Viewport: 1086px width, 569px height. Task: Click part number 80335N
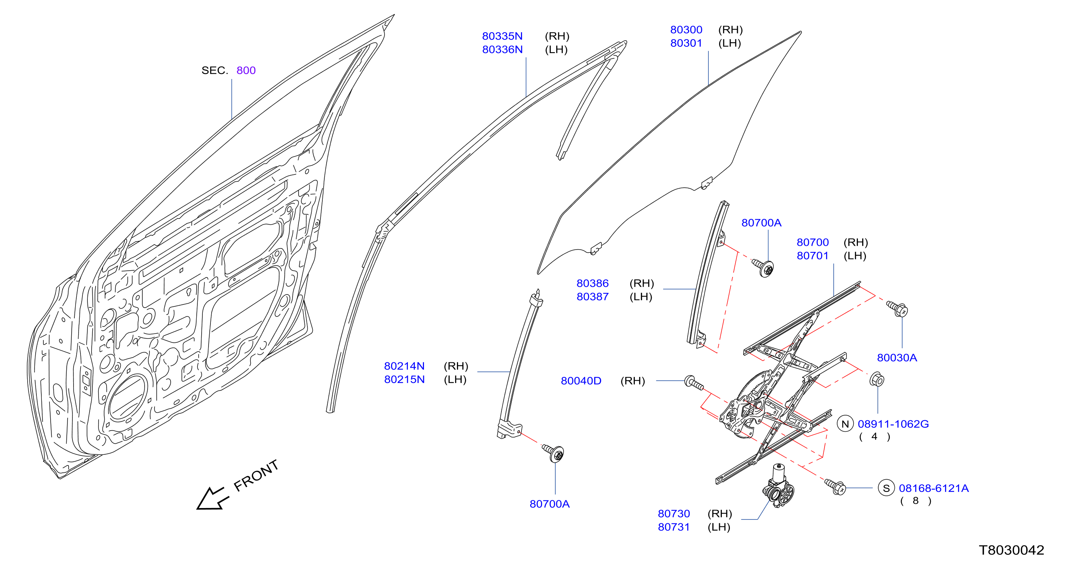pyautogui.click(x=502, y=36)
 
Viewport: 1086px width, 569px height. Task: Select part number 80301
pyautogui.click(x=686, y=43)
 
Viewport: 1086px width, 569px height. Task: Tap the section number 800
pyautogui.click(x=246, y=70)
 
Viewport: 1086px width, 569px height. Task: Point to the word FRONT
pyautogui.click(x=256, y=475)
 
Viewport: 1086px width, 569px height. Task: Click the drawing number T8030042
pyautogui.click(x=1011, y=550)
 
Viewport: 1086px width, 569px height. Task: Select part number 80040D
pyautogui.click(x=581, y=381)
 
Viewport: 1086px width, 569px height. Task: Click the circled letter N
pyautogui.click(x=845, y=424)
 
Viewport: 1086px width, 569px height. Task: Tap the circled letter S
pyautogui.click(x=886, y=488)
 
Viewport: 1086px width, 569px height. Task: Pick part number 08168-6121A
pyautogui.click(x=934, y=488)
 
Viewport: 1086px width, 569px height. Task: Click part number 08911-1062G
pyautogui.click(x=893, y=424)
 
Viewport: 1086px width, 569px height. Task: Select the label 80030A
pyautogui.click(x=897, y=358)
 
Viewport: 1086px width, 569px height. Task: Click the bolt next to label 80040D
pyautogui.click(x=694, y=383)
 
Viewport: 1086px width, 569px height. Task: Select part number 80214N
pyautogui.click(x=404, y=366)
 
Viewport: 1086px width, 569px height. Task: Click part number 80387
pyautogui.click(x=593, y=296)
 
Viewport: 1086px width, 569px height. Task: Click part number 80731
pyautogui.click(x=674, y=527)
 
